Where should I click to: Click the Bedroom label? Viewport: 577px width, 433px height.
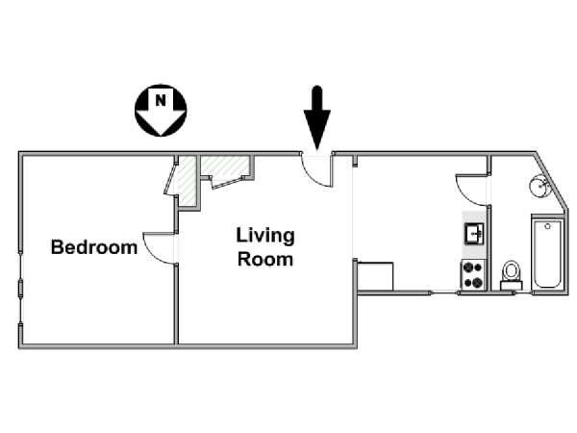point(94,247)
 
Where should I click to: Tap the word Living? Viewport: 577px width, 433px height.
point(265,236)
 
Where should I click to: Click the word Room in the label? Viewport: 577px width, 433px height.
point(265,259)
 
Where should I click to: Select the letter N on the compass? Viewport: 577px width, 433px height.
point(161,100)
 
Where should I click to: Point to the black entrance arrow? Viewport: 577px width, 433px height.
point(316,117)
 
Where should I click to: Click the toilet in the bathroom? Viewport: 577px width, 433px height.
point(512,275)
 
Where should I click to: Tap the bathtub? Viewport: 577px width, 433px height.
point(547,254)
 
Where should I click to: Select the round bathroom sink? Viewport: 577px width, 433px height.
point(539,186)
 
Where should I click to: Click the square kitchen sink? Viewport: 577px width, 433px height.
point(474,234)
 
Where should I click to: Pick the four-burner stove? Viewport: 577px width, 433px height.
point(473,274)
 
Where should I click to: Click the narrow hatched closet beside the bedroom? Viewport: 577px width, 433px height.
point(187,181)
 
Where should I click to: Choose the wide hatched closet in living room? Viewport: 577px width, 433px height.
point(225,166)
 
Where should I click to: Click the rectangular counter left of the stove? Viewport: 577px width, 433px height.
point(376,276)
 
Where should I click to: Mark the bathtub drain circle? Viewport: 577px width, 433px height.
point(547,226)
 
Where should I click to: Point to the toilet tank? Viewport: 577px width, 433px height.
point(512,286)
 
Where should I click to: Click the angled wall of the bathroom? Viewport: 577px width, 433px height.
point(552,183)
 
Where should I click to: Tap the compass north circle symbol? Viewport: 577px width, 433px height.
point(161,111)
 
